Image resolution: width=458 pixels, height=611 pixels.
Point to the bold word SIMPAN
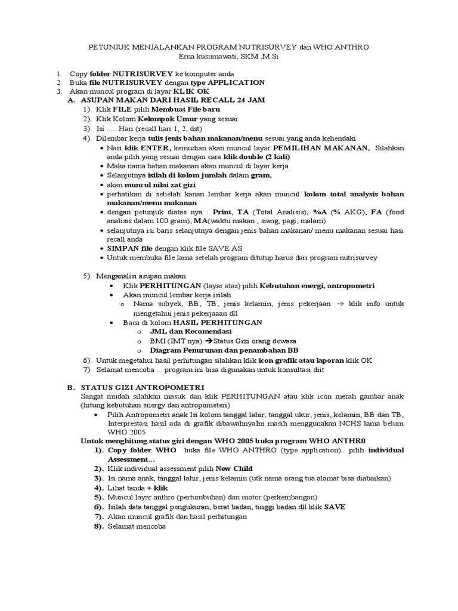123,248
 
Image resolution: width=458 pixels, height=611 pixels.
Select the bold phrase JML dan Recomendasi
191,331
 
